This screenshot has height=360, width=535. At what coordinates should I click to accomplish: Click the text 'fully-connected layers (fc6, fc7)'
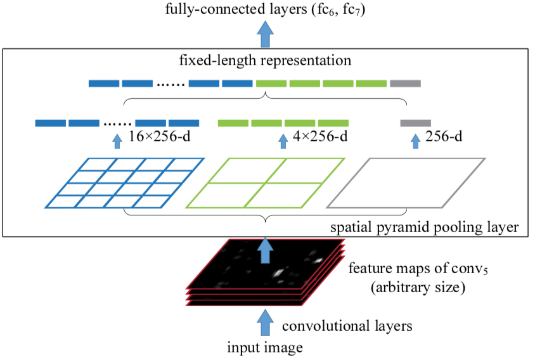(x=266, y=11)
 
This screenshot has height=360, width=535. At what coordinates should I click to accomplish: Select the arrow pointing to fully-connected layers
(x=266, y=34)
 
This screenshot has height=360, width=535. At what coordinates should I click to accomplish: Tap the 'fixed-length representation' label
(x=265, y=61)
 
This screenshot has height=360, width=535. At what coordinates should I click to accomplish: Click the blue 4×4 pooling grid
(x=125, y=183)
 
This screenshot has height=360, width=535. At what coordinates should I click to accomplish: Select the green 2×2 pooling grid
(x=265, y=183)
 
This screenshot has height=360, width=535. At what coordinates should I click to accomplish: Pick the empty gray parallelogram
(x=406, y=183)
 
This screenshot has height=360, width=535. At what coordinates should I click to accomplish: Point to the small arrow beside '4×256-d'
(x=283, y=140)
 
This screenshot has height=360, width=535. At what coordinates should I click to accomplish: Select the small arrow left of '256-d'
(x=416, y=140)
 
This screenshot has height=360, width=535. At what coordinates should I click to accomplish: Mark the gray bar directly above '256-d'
(x=416, y=122)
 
